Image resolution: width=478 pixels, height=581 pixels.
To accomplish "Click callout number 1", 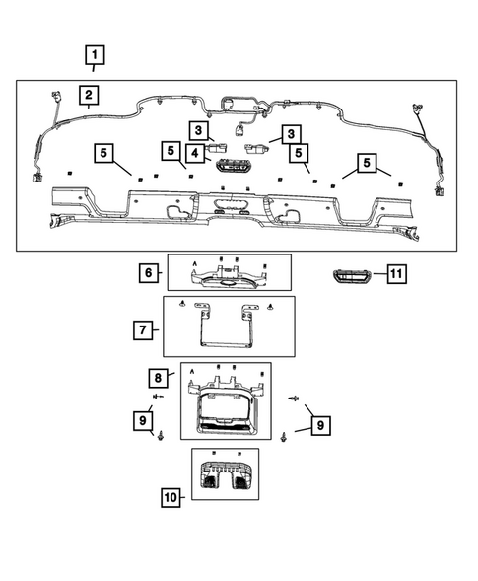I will [x=95, y=55].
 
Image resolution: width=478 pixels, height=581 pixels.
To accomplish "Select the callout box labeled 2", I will [x=89, y=95].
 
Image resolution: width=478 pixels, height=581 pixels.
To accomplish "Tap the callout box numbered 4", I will [x=197, y=153].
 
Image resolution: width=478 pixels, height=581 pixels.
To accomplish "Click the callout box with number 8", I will [x=157, y=378].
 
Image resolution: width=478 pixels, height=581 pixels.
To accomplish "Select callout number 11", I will [x=394, y=273].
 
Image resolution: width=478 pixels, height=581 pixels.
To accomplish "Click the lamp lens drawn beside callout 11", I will [x=351, y=274].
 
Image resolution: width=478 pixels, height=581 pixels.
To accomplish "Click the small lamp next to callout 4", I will [x=233, y=165].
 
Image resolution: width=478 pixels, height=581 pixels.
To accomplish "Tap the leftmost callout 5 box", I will [x=105, y=153].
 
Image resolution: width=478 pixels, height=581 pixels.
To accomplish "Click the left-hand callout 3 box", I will [x=198, y=130].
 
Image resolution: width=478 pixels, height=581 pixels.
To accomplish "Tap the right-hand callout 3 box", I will [x=291, y=133].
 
